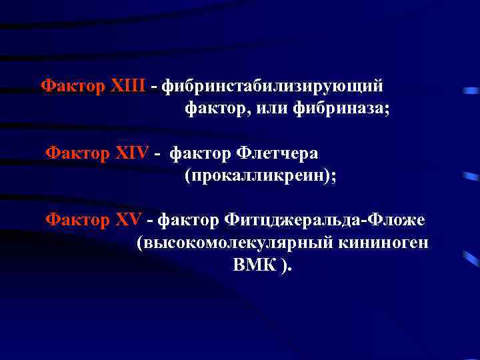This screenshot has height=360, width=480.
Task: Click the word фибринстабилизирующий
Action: pos(273,87)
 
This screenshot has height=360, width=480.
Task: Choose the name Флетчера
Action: pos(276,153)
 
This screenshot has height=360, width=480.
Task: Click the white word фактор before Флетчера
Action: pos(199,153)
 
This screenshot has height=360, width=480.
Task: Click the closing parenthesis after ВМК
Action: pos(285,266)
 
